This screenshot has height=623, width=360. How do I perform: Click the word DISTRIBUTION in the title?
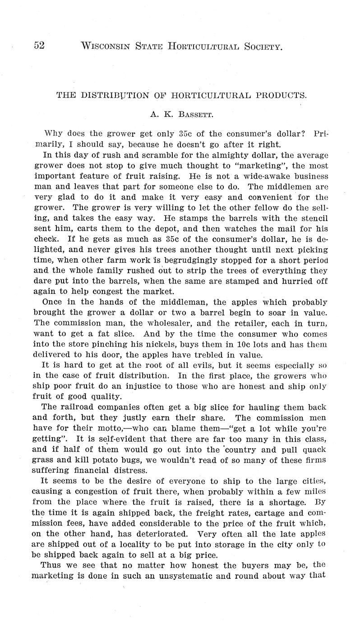[108, 95]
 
